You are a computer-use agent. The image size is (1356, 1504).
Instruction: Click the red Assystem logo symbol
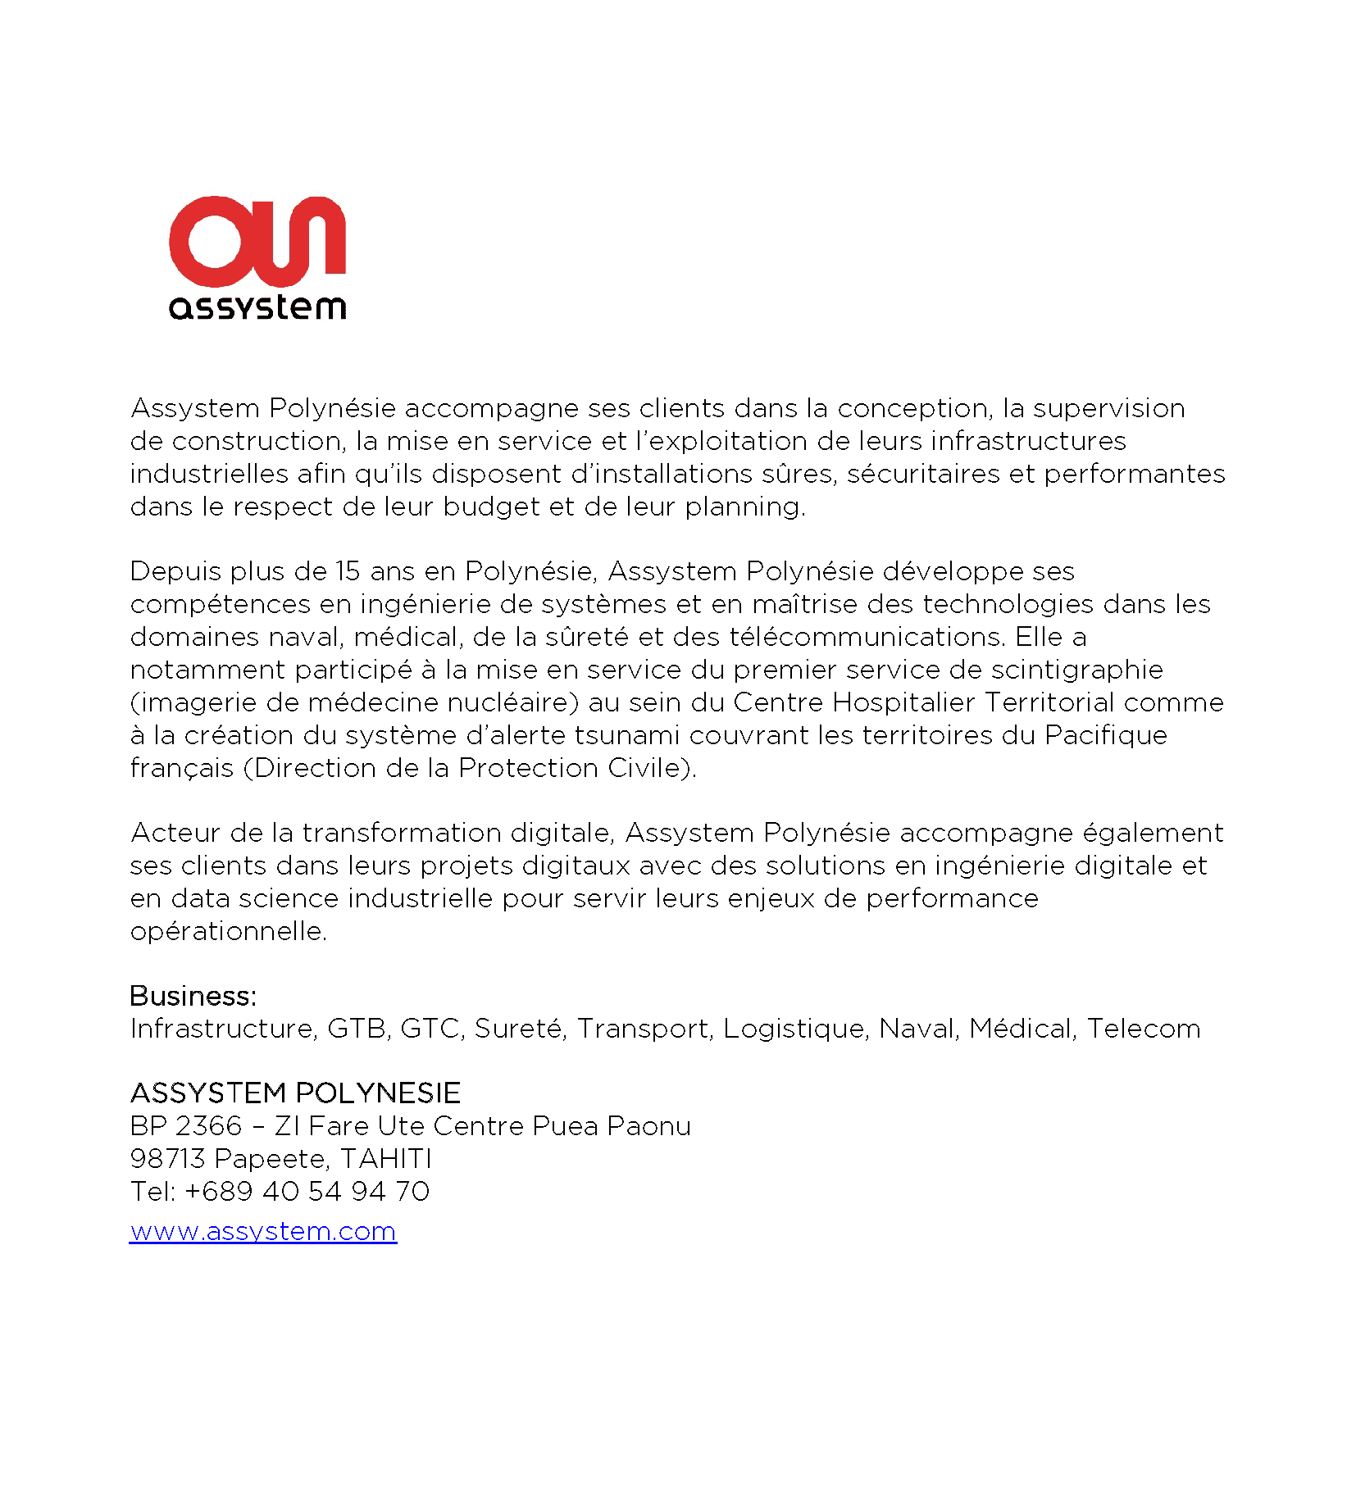257,241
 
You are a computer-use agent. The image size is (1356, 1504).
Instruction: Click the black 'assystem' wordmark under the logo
257,307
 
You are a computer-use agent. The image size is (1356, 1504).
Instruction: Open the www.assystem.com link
263,1231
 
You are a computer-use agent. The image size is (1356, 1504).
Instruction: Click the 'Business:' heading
193,996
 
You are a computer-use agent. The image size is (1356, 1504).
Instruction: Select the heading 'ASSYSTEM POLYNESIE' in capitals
295,1093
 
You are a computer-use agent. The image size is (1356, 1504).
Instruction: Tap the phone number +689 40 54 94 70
307,1191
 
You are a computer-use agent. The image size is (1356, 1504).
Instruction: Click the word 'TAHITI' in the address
386,1158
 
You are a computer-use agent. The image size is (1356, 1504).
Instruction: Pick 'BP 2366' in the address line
186,1125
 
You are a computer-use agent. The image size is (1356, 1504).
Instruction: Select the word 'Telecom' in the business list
1144,1029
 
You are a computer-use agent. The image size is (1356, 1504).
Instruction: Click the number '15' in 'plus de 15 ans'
348,571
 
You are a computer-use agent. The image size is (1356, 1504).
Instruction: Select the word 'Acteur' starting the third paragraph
175,833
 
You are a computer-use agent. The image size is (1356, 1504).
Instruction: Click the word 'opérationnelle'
228,932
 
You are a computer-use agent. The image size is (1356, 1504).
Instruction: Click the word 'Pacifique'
1106,735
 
